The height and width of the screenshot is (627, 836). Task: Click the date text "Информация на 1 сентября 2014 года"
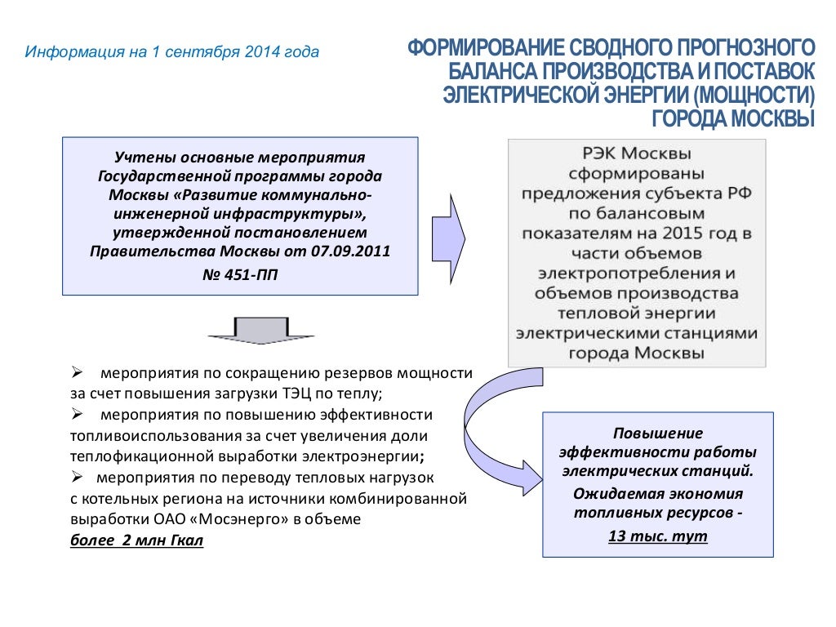(171, 52)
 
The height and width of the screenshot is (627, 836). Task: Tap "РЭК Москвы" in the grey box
(637, 154)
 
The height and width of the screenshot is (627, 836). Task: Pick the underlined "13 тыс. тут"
(658, 536)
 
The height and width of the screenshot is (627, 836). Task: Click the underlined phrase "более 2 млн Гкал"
(136, 540)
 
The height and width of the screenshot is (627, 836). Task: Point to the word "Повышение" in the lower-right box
(658, 433)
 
